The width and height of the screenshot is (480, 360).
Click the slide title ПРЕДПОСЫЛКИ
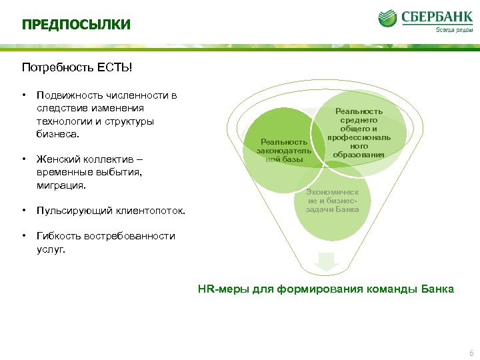pos(76,25)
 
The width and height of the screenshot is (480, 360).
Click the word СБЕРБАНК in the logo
pos(436,16)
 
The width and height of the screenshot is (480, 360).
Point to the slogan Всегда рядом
pos(453,29)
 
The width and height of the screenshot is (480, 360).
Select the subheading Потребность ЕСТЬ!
pos(77,67)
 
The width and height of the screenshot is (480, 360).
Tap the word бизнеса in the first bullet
pos(57,133)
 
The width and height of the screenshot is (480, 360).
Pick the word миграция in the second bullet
pos(61,185)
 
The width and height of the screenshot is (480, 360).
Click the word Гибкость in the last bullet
pos(59,236)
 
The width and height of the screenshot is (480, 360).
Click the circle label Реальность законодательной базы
pos(284,151)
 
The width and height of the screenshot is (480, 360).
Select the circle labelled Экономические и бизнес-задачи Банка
pos(332,201)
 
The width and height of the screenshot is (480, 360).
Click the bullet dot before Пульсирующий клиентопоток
pos(23,211)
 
